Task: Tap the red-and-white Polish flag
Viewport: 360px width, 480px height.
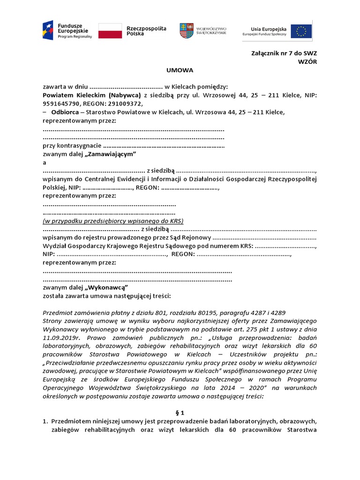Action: [x=110, y=30]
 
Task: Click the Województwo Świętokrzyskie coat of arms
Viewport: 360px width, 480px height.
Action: [x=186, y=30]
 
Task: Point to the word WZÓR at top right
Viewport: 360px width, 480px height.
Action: [x=307, y=61]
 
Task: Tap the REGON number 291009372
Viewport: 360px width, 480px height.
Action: [x=125, y=104]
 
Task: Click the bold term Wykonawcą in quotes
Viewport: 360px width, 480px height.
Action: [x=106, y=287]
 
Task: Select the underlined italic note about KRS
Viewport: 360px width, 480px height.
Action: [x=113, y=220]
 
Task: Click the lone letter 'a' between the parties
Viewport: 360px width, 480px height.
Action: [x=45, y=162]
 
